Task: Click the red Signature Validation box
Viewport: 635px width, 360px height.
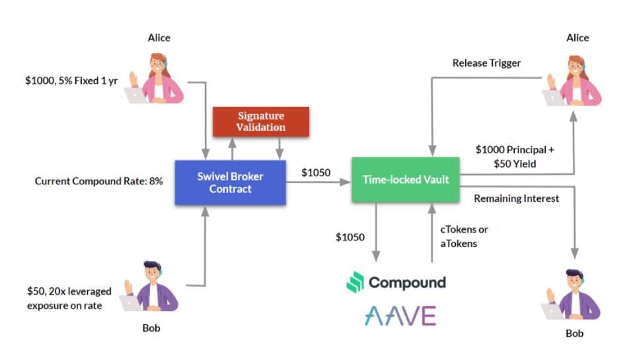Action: (x=261, y=122)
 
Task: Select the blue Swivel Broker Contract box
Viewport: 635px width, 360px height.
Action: (x=229, y=182)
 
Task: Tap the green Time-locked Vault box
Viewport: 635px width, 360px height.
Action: (x=405, y=179)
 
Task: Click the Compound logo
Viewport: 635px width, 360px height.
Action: (x=396, y=283)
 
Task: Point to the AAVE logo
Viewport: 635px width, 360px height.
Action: (x=400, y=316)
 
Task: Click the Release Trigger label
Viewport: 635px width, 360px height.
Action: (x=486, y=63)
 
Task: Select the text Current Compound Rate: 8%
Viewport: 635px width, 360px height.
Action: (x=98, y=180)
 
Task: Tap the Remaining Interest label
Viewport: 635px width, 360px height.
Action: (x=517, y=198)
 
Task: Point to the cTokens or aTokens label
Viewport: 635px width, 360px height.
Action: (x=465, y=236)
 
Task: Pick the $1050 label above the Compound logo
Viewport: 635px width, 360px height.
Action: (x=350, y=237)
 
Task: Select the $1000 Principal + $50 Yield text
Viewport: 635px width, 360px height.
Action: (x=515, y=156)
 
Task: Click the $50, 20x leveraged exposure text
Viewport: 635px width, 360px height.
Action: (x=69, y=298)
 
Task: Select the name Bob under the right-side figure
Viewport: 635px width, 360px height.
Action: (x=575, y=334)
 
